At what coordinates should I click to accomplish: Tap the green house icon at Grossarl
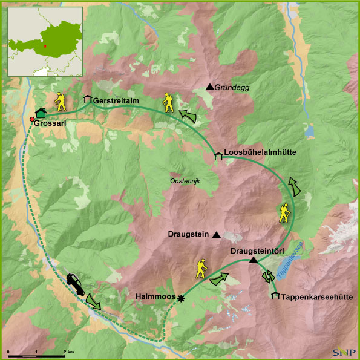point(41,112)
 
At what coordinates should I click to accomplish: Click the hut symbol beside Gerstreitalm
point(87,99)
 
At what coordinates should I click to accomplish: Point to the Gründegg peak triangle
point(210,87)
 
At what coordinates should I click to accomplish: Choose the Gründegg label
point(233,88)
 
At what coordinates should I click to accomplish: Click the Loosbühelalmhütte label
point(260,152)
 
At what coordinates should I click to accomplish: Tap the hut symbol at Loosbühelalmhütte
point(218,157)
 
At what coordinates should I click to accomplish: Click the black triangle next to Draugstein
point(217,235)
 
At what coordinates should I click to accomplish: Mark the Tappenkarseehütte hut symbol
point(276,296)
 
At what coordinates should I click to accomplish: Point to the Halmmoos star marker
point(180,298)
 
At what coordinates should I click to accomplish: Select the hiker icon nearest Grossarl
point(61,101)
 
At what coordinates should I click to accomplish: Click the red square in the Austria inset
point(45,45)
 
